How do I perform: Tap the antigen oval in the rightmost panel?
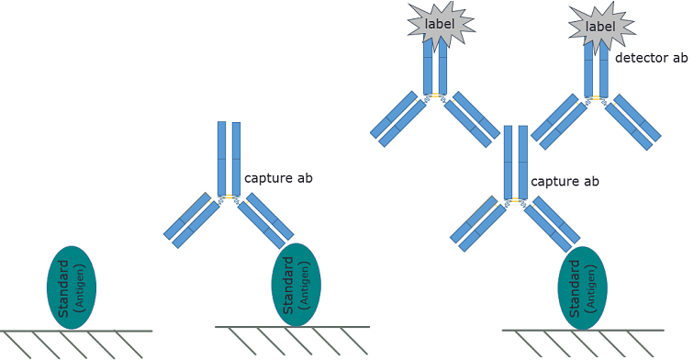(x=583, y=287)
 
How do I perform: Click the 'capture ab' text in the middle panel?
(x=278, y=177)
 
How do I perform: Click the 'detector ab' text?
(x=651, y=58)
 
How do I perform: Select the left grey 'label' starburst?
(x=439, y=26)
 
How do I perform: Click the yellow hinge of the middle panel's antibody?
(x=228, y=197)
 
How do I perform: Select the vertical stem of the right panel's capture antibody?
(x=515, y=162)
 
